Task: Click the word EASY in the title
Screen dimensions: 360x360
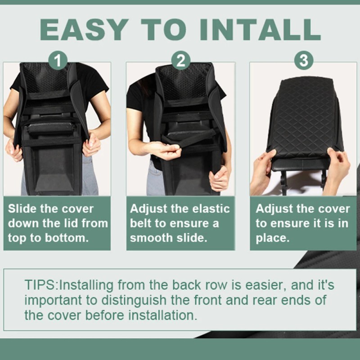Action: pos(84,29)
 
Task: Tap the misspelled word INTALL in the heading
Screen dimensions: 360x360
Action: pos(260,29)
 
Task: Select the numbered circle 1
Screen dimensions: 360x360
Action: pos(58,60)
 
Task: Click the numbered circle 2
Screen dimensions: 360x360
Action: pos(181,60)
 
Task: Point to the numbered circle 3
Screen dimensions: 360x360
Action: pos(304,60)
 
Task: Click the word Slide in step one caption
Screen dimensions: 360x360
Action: pos(22,209)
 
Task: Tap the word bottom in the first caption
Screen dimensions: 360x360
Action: pos(67,238)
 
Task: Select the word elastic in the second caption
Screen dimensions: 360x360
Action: pos(211,209)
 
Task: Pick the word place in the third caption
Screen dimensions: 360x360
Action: pos(272,238)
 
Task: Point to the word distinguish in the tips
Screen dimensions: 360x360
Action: pos(134,300)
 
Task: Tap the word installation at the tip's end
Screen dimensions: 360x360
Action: pos(162,315)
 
